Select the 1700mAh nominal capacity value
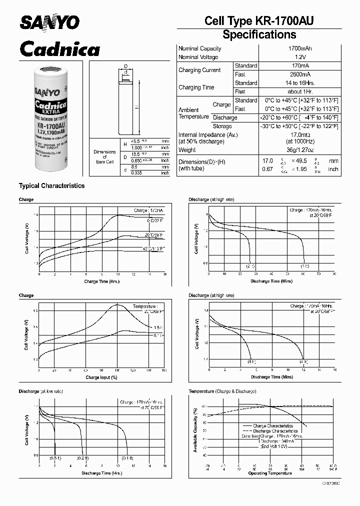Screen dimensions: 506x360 (x=300, y=48)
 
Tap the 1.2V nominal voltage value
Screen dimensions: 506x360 (x=300, y=57)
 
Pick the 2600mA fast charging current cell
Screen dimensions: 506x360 (x=300, y=74)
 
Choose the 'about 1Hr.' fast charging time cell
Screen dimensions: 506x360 (x=300, y=91)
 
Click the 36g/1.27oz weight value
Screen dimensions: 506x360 (x=300, y=150)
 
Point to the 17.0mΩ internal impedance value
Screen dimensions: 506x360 (x=300, y=135)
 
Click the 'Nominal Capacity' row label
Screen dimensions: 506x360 (x=200, y=48)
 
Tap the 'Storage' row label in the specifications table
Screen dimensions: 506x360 (x=222, y=126)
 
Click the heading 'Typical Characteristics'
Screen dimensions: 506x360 (x=51, y=186)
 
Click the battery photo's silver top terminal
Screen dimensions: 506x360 (x=53, y=69)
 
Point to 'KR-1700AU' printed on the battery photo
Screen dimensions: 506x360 (x=53, y=127)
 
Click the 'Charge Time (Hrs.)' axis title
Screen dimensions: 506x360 (x=102, y=281)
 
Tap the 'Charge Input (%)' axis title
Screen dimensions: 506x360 (x=101, y=377)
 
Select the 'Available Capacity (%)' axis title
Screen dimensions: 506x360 (x=195, y=429)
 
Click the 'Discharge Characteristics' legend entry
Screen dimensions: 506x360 (x=275, y=431)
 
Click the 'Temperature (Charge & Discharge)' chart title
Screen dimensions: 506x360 (x=222, y=391)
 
